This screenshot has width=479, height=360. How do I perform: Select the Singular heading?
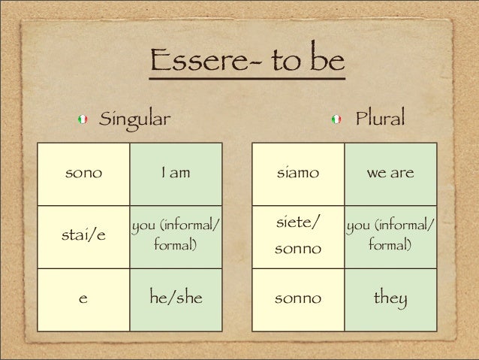(136, 118)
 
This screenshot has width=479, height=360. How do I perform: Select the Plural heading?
(380, 118)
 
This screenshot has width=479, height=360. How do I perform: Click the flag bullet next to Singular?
(83, 119)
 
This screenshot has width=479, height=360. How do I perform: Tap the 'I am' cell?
(176, 174)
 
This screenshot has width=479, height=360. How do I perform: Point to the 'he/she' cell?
(176, 299)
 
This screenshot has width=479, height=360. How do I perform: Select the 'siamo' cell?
(298, 174)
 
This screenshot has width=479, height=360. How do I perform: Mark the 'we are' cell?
(390, 174)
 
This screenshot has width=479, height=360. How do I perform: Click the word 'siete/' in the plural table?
(298, 222)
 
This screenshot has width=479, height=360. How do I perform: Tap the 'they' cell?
(390, 299)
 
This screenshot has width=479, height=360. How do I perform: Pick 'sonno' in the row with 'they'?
(298, 299)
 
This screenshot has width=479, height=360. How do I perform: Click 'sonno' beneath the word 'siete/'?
(298, 248)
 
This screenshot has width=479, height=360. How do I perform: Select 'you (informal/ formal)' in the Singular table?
(176, 234)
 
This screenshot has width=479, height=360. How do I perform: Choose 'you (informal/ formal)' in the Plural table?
(390, 234)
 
